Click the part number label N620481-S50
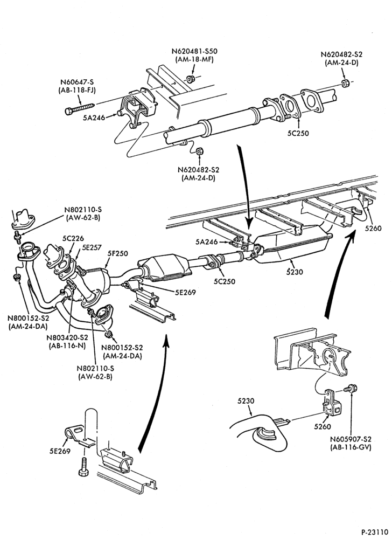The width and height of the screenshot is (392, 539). [194, 52]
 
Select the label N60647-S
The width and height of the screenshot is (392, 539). [77, 82]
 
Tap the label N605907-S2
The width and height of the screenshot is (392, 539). [351, 439]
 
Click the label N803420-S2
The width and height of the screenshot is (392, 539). [67, 337]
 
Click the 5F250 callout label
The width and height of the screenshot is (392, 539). [118, 254]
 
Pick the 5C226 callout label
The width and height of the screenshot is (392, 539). [73, 238]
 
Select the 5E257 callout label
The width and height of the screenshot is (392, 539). [88, 246]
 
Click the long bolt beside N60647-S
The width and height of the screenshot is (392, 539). [80, 107]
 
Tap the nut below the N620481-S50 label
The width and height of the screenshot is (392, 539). [192, 79]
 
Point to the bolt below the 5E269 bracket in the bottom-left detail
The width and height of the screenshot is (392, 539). [83, 467]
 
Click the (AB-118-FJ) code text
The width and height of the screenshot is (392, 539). [77, 91]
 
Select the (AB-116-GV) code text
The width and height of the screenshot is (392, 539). [351, 447]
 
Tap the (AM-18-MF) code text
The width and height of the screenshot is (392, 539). [194, 59]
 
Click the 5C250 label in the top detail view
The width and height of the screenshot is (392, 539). [298, 133]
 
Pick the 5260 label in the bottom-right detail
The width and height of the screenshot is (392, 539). [323, 426]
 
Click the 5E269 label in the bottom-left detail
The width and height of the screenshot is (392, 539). [60, 451]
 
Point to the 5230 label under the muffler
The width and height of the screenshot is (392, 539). [295, 272]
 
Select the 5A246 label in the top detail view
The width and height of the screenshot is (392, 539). [94, 118]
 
